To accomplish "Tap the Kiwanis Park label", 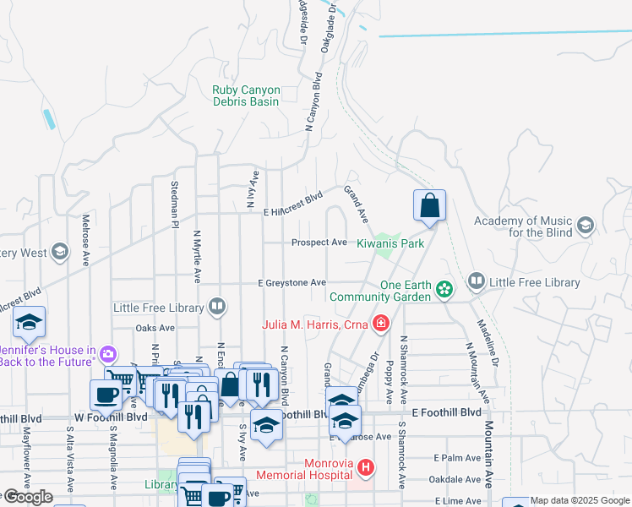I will pyautogui.click(x=388, y=243).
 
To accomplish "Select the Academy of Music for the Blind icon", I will pyautogui.click(x=586, y=226).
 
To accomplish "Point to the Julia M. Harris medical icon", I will pyautogui.click(x=381, y=324).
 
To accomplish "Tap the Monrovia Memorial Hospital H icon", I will pyautogui.click(x=366, y=466).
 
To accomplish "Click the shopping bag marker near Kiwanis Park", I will pyautogui.click(x=429, y=205).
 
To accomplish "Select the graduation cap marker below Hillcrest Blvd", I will pyautogui.click(x=30, y=322).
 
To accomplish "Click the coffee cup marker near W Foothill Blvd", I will pyautogui.click(x=107, y=394).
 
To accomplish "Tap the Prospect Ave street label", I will pyautogui.click(x=319, y=243).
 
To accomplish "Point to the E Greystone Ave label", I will pyautogui.click(x=292, y=283).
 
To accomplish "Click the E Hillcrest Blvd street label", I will pyautogui.click(x=293, y=205).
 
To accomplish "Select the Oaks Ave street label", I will pyautogui.click(x=155, y=328).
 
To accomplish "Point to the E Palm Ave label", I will pyautogui.click(x=455, y=458).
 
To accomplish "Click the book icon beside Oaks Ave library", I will pyautogui.click(x=218, y=307).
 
